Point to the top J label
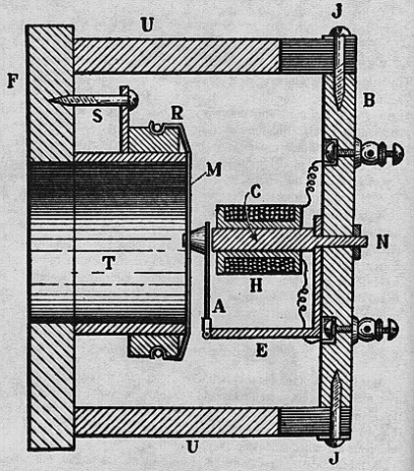point(336,12)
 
